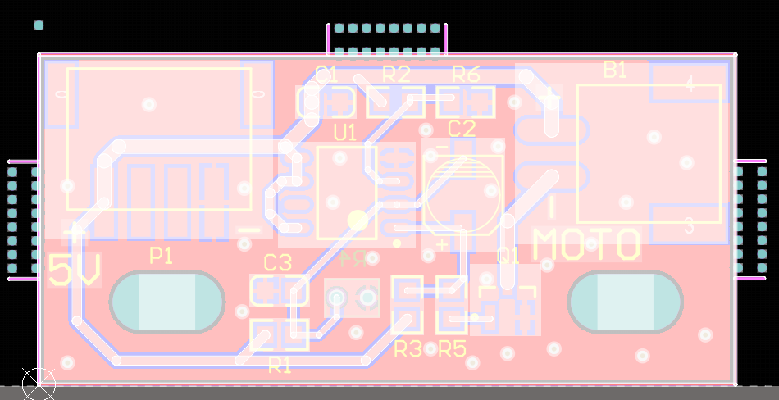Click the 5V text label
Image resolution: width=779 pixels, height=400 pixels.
click(x=74, y=270)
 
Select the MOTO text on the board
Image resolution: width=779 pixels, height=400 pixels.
click(x=586, y=244)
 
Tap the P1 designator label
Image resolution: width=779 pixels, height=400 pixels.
click(x=162, y=257)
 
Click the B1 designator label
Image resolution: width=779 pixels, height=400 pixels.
click(x=615, y=70)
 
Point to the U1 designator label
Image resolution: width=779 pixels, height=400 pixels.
click(x=345, y=131)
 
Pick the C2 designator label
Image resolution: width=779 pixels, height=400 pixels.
click(x=462, y=128)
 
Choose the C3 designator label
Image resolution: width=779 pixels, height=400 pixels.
click(x=278, y=263)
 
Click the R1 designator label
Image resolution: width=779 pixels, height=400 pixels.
click(x=280, y=366)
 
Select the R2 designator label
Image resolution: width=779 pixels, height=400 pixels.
click(x=396, y=74)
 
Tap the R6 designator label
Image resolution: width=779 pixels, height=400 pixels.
click(x=466, y=74)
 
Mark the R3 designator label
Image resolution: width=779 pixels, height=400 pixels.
click(x=408, y=349)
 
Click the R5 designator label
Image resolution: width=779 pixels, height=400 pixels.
click(x=452, y=349)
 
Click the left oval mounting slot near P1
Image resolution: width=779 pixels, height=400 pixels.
click(x=166, y=302)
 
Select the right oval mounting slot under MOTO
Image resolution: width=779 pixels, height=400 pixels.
click(x=625, y=302)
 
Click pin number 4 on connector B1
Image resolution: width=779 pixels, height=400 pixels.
click(x=689, y=84)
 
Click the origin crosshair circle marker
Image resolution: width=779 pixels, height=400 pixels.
click(x=38, y=383)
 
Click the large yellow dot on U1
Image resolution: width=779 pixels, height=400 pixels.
click(x=358, y=220)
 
